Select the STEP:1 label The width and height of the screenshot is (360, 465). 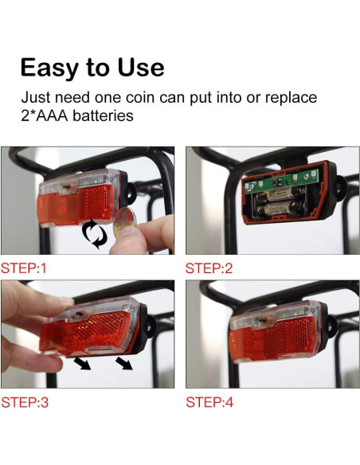click(24, 268)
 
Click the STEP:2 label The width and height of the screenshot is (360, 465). click(209, 268)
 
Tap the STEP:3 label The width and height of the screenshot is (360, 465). click(24, 402)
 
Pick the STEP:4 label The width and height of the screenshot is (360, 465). click(209, 402)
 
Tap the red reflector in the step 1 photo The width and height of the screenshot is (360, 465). click(80, 207)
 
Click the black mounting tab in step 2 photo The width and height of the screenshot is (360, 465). click(340, 193)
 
